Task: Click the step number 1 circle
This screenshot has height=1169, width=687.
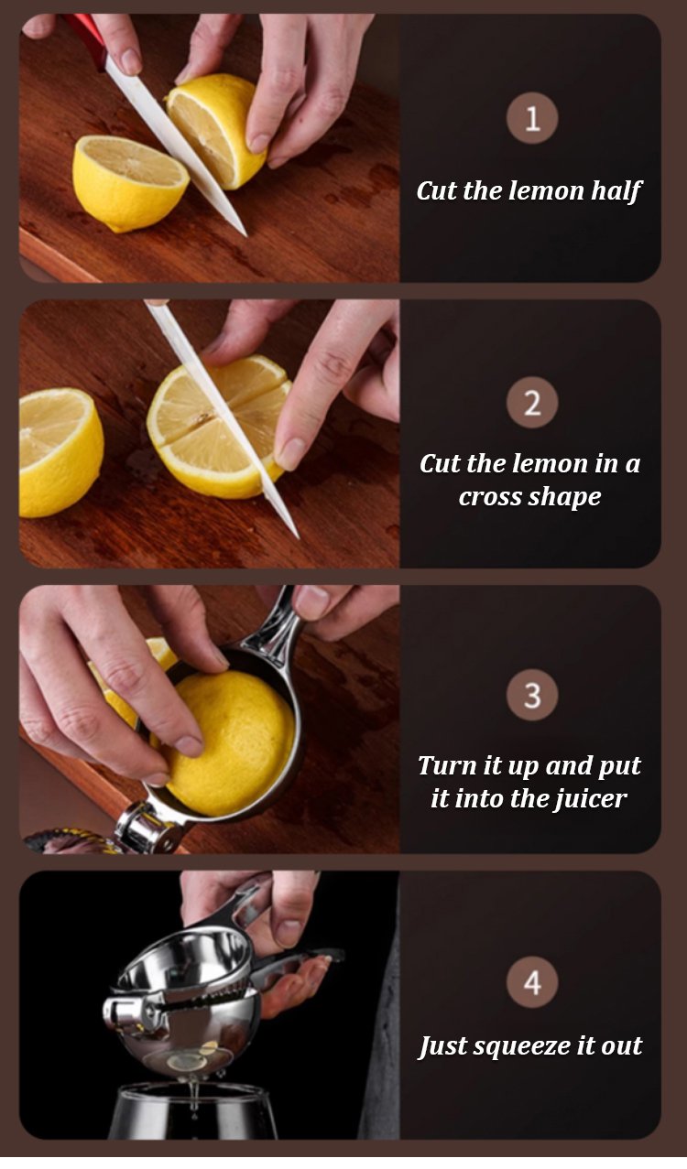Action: pos(532,118)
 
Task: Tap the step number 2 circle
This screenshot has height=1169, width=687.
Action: pos(532,403)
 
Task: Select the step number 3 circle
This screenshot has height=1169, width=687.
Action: pos(532,695)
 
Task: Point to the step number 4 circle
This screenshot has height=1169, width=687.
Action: pos(532,983)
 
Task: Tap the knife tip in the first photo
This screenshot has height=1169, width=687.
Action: pos(245,236)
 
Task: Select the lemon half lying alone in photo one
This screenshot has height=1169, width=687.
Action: pos(129,183)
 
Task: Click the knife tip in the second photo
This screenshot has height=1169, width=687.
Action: pos(298,537)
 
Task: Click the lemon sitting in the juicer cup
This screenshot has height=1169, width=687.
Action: pos(230,742)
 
